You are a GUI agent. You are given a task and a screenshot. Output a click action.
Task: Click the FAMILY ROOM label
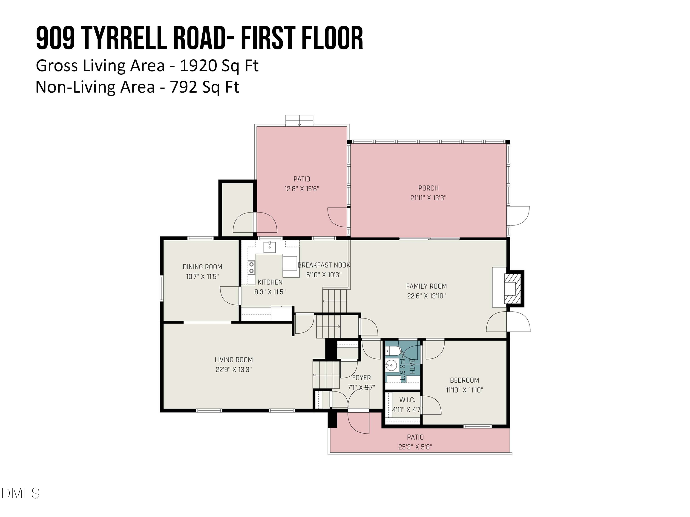pos(426,286)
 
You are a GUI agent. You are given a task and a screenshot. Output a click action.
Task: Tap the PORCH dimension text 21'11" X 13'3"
pos(428,198)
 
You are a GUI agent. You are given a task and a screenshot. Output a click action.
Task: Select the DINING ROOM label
pos(202,267)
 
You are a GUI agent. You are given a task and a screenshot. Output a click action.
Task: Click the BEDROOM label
pos(464,380)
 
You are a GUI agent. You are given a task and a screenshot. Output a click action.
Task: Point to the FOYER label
pos(361,378)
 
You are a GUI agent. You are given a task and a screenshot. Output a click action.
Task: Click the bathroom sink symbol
pos(391,365)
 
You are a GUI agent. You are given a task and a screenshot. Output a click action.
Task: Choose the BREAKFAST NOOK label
pos(324,265)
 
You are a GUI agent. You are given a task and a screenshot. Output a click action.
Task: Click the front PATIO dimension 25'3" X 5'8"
pos(415,447)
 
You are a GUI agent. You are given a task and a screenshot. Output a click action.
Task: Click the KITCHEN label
pos(270,282)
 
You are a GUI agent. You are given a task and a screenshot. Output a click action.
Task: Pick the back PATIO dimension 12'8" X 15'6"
pos(302,189)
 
